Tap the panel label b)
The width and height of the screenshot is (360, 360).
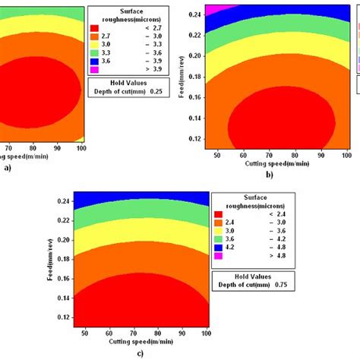(270, 175)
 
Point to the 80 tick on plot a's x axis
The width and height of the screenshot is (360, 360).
(33, 149)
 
